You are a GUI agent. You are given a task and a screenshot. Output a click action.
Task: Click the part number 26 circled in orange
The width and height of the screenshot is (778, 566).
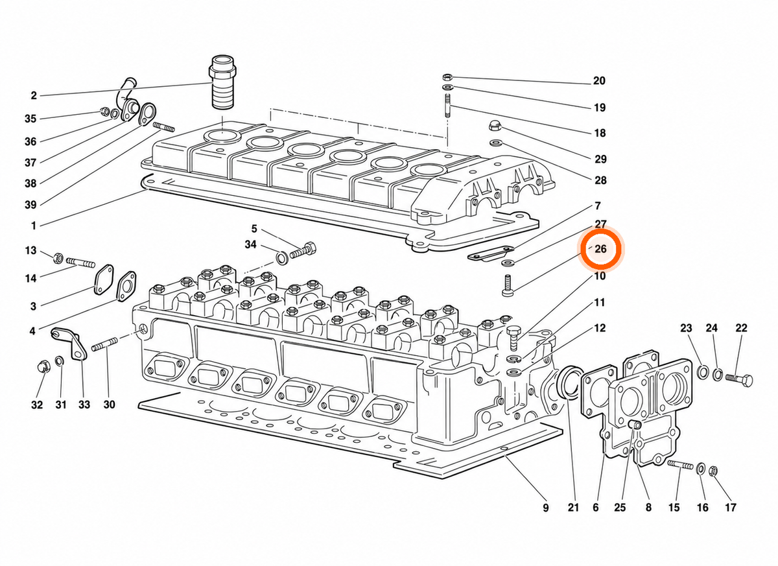(x=600, y=250)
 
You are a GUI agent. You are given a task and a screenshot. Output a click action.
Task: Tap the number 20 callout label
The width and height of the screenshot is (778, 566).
(x=599, y=81)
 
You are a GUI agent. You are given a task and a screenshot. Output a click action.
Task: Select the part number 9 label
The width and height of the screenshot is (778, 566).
(x=546, y=508)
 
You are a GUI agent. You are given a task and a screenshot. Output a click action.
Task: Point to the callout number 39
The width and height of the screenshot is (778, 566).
(x=30, y=205)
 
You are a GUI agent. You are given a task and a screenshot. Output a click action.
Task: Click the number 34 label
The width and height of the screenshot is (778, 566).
(x=250, y=244)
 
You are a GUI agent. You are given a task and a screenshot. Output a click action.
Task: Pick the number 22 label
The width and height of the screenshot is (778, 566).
(x=741, y=328)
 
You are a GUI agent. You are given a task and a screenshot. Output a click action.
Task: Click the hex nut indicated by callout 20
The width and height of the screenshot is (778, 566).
(x=447, y=77)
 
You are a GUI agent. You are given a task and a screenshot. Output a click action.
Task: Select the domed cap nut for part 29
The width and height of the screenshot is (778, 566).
(x=494, y=125)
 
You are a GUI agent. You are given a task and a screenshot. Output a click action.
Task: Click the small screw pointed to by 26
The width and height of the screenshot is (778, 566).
(x=508, y=285)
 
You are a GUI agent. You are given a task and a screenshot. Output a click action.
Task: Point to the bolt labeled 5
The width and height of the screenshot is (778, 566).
(x=303, y=250)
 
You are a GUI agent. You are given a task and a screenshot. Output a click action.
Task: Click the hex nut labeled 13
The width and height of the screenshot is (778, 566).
(x=58, y=258)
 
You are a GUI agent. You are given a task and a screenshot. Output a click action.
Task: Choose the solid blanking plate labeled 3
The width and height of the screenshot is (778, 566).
(x=104, y=279)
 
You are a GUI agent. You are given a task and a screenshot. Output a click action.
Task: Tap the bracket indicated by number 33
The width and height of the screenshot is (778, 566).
(x=69, y=344)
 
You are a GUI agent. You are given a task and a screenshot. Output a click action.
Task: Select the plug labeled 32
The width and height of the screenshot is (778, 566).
(x=44, y=368)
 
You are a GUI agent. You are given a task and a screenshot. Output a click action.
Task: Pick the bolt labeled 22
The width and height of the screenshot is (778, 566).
(x=739, y=379)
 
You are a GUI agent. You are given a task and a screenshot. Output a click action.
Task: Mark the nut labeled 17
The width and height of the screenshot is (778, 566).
(x=713, y=471)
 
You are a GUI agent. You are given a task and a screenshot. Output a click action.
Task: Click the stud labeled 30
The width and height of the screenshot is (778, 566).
(x=104, y=344)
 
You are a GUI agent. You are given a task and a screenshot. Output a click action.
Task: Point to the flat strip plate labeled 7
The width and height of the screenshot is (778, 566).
(x=490, y=253)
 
